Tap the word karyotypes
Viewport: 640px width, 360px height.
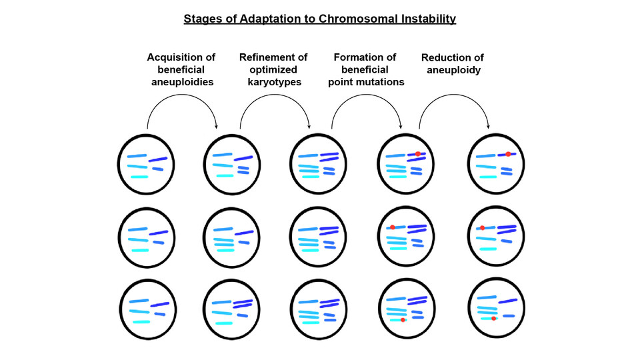tap(274, 82)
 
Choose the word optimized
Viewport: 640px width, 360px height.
tap(273, 70)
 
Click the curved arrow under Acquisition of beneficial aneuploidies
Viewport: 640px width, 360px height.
tap(181, 95)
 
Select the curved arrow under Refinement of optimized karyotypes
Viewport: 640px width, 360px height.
tap(274, 95)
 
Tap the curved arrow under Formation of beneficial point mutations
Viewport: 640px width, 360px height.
tap(366, 95)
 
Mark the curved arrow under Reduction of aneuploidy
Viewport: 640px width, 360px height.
tap(454, 95)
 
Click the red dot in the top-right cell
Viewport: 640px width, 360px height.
tap(508, 154)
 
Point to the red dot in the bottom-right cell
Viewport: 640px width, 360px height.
tap(493, 319)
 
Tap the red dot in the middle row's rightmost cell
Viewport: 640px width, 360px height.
tap(483, 228)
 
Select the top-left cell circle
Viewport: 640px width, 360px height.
tap(118, 164)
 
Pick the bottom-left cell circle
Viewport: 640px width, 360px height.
tap(119, 309)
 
